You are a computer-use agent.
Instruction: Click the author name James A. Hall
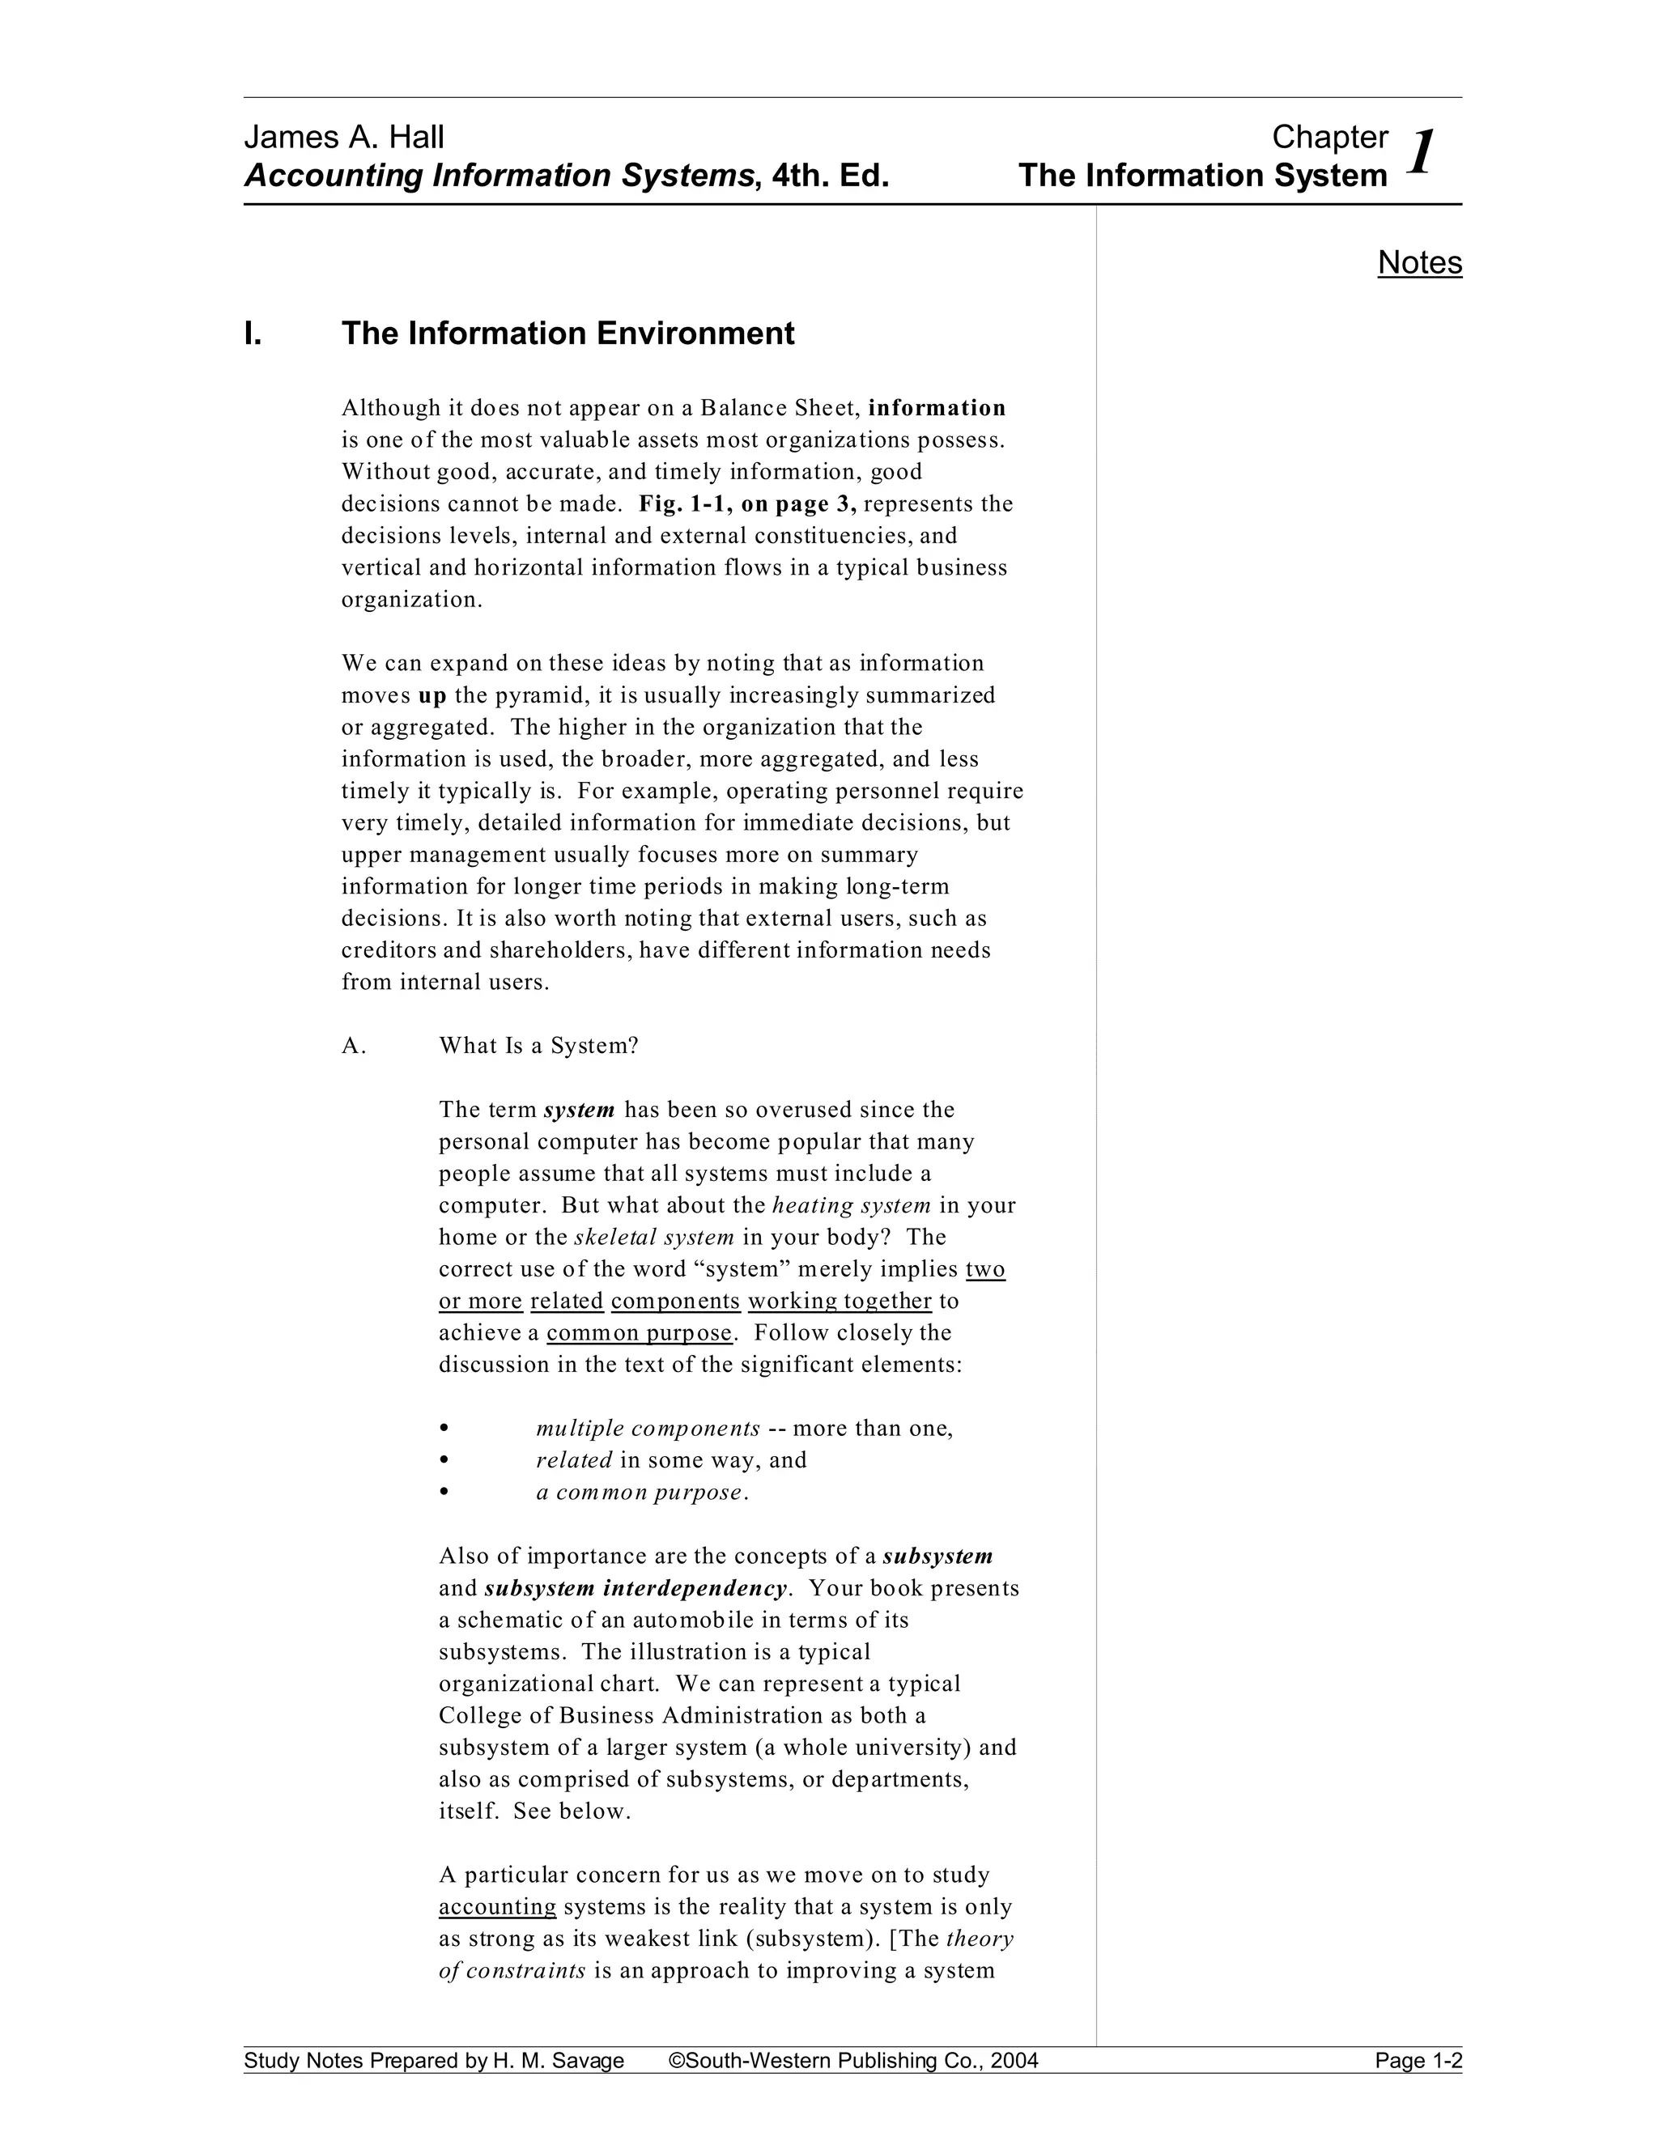pos(344,138)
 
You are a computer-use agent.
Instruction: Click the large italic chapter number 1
pos(1422,152)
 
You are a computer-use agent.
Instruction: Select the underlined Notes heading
pos(1419,262)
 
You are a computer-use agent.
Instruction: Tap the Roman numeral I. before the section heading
pos(253,334)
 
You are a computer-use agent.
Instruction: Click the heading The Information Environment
pos(568,334)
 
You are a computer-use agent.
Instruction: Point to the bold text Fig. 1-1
pos(682,503)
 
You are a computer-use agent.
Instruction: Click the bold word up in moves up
pos(432,695)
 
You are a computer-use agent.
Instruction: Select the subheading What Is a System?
pos(538,1046)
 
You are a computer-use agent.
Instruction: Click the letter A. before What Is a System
pos(354,1046)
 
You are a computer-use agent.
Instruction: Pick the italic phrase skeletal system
pos(654,1238)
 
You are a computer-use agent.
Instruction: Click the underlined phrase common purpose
pos(640,1333)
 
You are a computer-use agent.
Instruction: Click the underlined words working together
pos(840,1302)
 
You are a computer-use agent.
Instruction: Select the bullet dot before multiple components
pos(445,1428)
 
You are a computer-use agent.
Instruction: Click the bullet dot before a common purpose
pos(445,1492)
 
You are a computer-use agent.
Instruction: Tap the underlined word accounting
pos(497,1907)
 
